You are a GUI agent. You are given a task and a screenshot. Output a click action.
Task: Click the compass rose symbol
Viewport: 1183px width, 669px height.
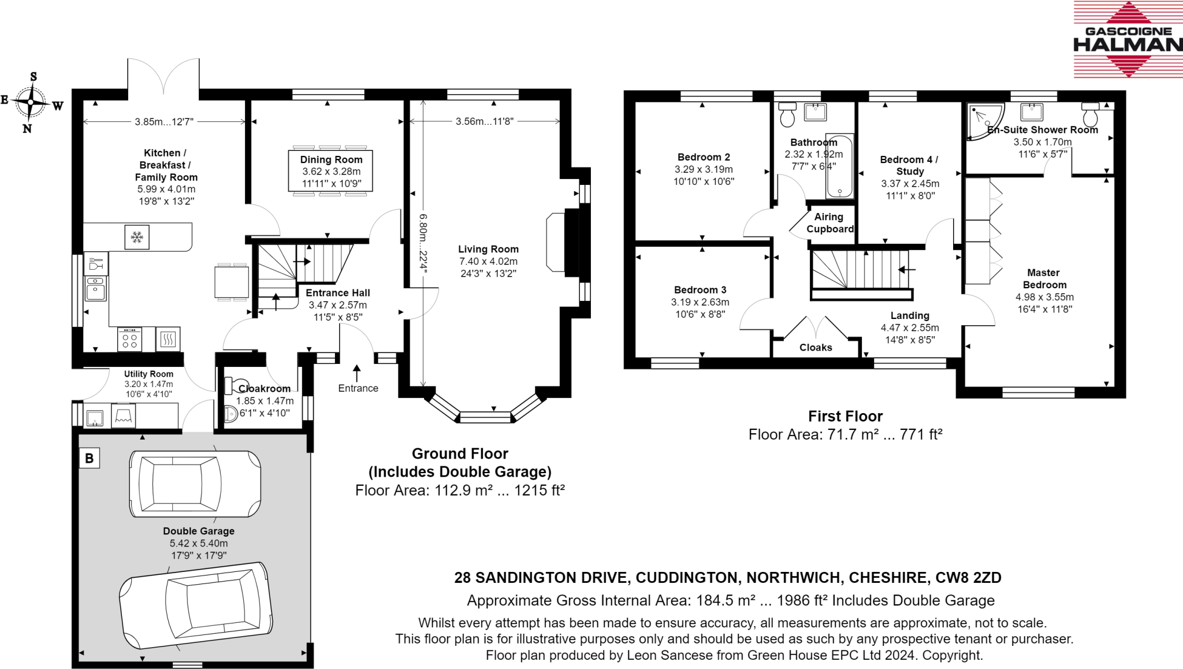32,103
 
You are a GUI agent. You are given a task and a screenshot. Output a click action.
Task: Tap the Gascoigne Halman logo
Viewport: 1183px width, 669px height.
1128,39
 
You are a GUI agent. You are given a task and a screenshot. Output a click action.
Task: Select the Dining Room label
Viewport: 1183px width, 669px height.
331,159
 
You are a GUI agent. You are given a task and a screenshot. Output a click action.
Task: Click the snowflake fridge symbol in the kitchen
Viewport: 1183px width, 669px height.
137,237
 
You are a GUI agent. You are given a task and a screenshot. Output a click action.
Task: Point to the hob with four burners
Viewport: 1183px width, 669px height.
129,340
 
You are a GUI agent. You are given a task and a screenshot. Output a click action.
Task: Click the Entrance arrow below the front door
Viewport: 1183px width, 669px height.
357,373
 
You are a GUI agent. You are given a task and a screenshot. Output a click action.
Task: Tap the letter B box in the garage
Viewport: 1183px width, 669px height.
90,458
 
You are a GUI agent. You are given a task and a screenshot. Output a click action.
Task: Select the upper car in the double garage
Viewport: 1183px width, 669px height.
195,484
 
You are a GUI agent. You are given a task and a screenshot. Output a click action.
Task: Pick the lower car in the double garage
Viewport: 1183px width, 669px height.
196,605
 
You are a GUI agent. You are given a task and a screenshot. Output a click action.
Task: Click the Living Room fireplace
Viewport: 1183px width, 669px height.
563,242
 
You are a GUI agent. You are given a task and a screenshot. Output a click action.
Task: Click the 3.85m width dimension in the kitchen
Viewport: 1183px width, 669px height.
164,122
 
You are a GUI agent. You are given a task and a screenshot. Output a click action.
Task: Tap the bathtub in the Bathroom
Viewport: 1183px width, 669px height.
840,166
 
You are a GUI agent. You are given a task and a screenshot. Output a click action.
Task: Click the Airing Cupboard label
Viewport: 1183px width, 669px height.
829,223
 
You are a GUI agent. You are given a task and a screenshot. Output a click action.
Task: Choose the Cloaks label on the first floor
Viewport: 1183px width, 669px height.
816,347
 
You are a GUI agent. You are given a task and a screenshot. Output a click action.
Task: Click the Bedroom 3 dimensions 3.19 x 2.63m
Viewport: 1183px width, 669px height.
700,302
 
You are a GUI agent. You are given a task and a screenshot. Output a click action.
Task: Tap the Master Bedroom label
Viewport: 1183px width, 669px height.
1044,278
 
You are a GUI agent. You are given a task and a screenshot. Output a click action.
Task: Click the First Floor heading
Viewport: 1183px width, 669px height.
846,416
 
